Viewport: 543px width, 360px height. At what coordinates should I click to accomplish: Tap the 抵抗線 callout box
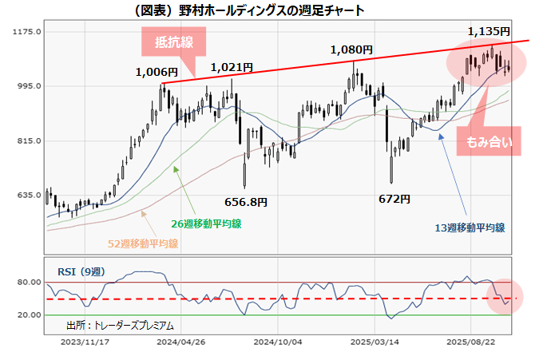pyautogui.click(x=173, y=42)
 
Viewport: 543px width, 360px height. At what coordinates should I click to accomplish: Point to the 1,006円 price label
pyautogui.click(x=157, y=73)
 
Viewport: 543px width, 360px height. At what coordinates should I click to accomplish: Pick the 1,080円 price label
pyautogui.click(x=351, y=50)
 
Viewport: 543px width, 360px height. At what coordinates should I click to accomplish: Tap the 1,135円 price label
pyautogui.click(x=488, y=31)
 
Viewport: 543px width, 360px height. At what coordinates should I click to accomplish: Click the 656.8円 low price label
pyautogui.click(x=246, y=202)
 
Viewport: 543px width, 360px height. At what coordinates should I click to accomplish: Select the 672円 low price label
pyautogui.click(x=394, y=199)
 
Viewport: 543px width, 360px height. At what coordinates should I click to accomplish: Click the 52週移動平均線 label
pyautogui.click(x=143, y=243)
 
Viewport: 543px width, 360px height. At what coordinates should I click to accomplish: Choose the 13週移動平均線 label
pyautogui.click(x=470, y=227)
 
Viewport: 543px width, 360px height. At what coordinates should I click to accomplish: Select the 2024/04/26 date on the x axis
pyautogui.click(x=180, y=341)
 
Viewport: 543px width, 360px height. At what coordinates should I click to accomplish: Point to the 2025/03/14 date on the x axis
pyautogui.click(x=375, y=341)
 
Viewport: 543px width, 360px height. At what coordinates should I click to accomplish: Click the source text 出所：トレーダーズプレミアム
pyautogui.click(x=120, y=326)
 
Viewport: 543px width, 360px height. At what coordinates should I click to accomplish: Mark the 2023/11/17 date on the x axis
pyautogui.click(x=84, y=341)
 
